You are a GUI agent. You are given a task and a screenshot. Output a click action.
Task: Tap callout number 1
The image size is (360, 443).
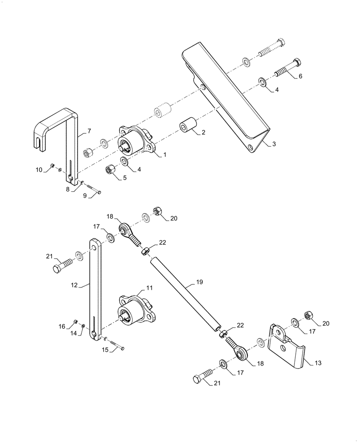(164, 155)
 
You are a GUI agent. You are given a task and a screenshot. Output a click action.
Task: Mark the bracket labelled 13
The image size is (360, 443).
(286, 346)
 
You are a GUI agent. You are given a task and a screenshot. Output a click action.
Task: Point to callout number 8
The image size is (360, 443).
(68, 189)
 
